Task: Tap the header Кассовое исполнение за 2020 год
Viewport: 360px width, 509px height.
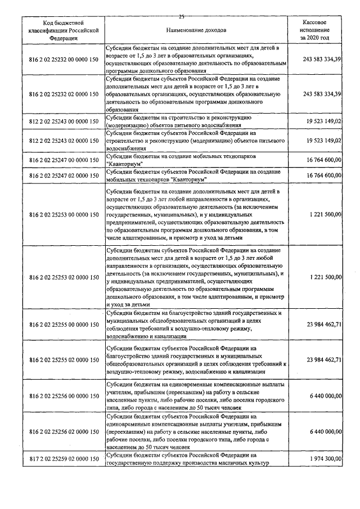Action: tap(315, 29)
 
